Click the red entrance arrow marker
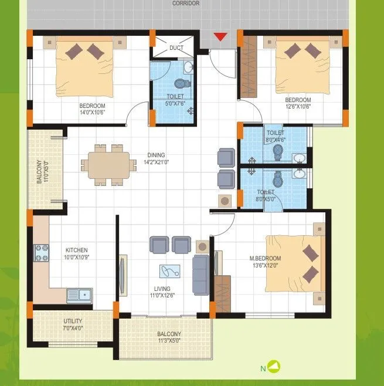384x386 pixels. (x=220, y=37)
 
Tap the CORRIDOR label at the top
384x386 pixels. (x=186, y=4)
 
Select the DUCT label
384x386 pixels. (x=176, y=48)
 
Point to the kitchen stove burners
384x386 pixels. (x=42, y=253)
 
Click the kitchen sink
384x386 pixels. (x=78, y=294)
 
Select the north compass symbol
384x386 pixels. (x=273, y=367)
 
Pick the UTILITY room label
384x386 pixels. (x=73, y=321)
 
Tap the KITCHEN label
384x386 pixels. (x=76, y=250)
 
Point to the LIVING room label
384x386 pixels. (x=162, y=289)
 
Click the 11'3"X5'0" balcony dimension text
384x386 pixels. (x=169, y=340)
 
